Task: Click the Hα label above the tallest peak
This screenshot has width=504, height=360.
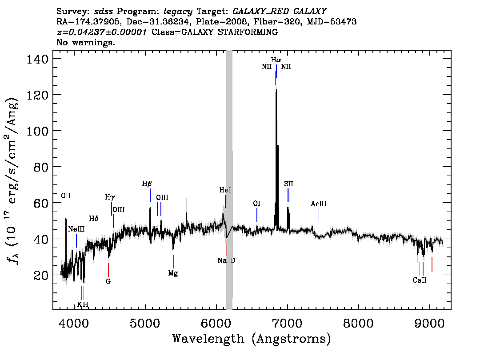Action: (276, 60)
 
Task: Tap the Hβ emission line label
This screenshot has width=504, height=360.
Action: (147, 184)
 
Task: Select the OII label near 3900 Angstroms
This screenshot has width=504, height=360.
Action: (66, 196)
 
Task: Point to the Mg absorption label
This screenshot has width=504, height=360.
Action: (173, 273)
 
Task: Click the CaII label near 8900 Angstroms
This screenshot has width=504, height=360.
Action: (420, 280)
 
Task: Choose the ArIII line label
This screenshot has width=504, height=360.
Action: (319, 204)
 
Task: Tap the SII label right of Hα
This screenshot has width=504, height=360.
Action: (288, 184)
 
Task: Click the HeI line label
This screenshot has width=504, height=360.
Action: (225, 190)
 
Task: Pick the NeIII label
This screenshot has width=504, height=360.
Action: (76, 229)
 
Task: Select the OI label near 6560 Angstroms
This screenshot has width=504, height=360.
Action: (256, 204)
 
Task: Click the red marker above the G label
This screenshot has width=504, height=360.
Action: (108, 270)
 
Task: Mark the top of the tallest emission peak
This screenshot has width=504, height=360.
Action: (276, 89)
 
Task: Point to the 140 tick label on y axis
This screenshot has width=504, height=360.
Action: (37, 59)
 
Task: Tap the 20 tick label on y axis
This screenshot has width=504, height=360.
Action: (41, 276)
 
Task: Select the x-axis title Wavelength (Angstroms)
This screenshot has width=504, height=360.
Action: (252, 339)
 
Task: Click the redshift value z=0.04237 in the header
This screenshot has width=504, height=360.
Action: (102, 32)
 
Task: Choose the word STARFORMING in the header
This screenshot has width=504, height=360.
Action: (248, 32)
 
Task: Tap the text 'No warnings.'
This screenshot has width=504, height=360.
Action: (85, 42)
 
